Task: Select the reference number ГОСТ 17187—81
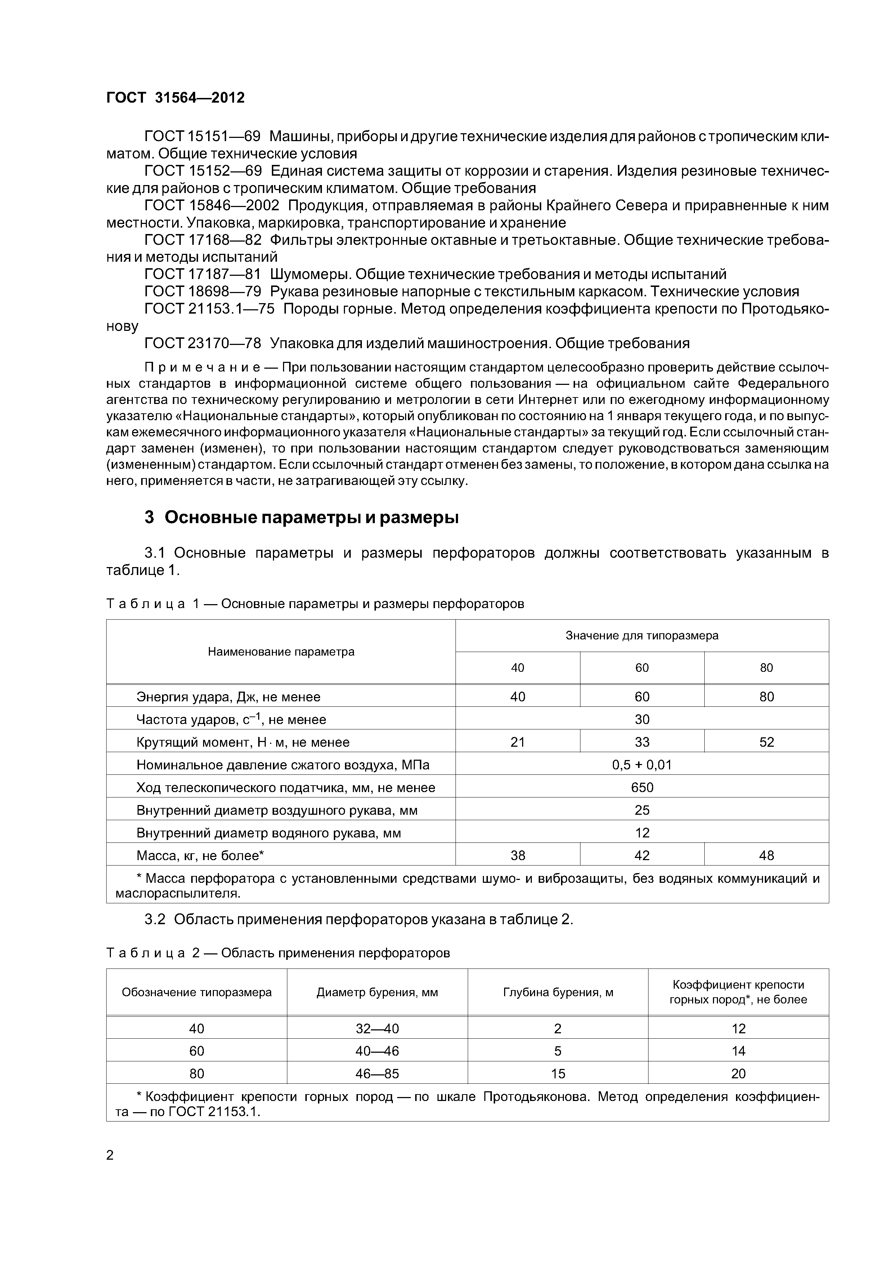[202, 274]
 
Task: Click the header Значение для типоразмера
[642, 635]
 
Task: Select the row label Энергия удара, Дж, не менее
[228, 697]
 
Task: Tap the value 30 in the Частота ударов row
[642, 719]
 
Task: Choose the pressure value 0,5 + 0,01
[642, 765]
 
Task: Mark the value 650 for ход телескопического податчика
[642, 787]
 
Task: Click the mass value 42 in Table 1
[642, 855]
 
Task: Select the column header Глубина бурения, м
[557, 992]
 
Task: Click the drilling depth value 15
[557, 1073]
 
